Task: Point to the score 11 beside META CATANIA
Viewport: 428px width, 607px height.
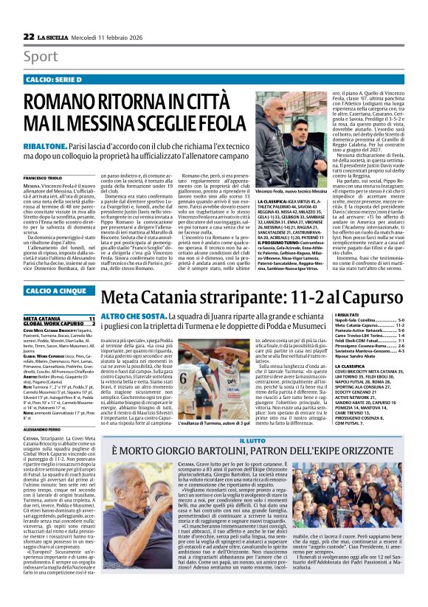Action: coord(92,318)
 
